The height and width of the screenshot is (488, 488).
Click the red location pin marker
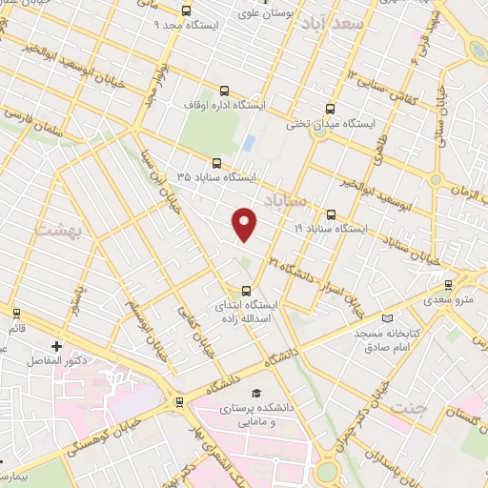[x=245, y=224]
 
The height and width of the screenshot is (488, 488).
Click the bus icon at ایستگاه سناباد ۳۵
[x=217, y=163]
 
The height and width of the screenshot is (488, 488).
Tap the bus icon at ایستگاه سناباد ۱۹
[x=331, y=214]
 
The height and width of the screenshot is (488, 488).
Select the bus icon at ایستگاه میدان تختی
[x=331, y=109]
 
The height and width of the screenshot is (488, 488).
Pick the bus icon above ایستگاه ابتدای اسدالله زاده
[x=247, y=291]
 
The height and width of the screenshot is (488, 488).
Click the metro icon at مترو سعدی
[x=450, y=285]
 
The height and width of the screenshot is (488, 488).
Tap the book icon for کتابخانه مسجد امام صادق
[x=385, y=318]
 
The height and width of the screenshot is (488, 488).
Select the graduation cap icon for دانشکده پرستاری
[x=254, y=393]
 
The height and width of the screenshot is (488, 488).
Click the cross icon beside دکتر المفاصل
[x=56, y=346]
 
